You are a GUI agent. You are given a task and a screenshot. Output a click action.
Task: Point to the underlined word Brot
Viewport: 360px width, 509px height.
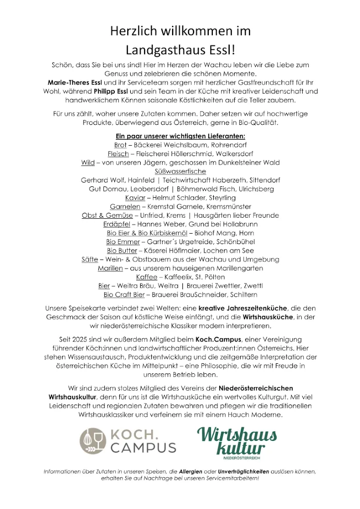pyautogui.click(x=120, y=145)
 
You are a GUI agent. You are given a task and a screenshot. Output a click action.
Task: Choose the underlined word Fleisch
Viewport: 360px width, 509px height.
pyautogui.click(x=118, y=154)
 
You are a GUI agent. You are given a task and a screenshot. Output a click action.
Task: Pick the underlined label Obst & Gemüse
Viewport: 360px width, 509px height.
pyautogui.click(x=107, y=216)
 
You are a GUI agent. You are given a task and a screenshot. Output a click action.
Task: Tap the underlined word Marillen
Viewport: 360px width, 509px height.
pyautogui.click(x=110, y=268)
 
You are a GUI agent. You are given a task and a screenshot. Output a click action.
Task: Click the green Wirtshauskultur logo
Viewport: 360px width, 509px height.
pyautogui.click(x=237, y=440)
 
